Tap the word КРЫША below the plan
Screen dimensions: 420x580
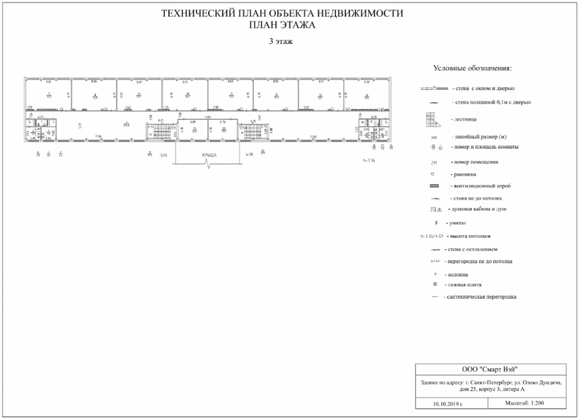(x=208, y=155)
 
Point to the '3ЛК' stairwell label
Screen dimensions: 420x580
(x=164, y=155)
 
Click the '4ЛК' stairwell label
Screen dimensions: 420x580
(x=250, y=155)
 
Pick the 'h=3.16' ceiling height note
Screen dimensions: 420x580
(x=369, y=160)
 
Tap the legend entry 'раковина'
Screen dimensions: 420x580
(x=466, y=174)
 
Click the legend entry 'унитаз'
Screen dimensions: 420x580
(x=458, y=223)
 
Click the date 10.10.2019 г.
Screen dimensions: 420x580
(x=448, y=404)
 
